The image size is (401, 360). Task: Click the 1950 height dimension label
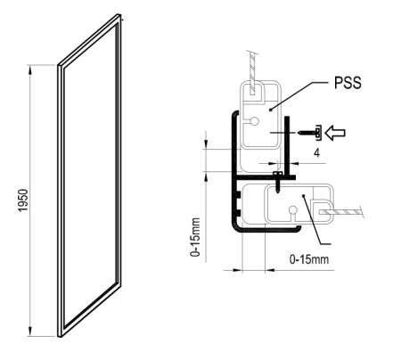23,200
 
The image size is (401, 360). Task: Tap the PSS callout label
348,83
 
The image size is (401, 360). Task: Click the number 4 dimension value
317,153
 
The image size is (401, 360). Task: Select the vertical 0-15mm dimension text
195,237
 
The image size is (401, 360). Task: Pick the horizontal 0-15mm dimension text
309,259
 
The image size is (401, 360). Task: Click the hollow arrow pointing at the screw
335,133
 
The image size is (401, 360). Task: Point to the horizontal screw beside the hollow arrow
309,133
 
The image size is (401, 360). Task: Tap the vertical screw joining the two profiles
277,182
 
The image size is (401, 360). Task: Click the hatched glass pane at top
252,73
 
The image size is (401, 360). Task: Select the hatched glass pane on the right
341,212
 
